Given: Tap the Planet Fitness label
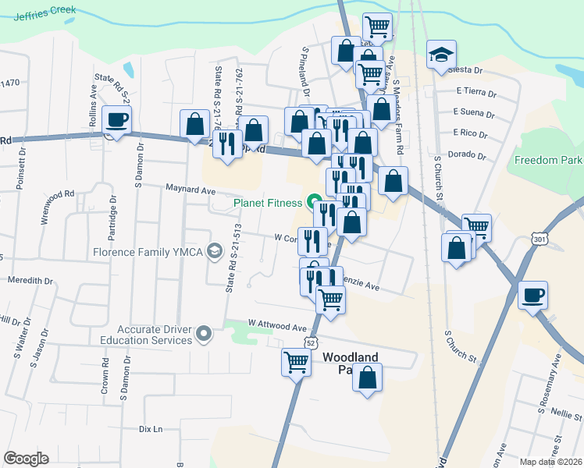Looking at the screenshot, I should coord(268,204).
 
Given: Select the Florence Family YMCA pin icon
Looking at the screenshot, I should coord(215,253).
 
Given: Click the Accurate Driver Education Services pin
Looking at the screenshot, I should coord(205,335).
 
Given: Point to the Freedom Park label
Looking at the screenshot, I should coord(548,161).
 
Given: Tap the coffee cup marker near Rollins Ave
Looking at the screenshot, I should coord(117,120).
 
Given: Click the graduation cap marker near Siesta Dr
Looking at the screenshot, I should coord(440,55).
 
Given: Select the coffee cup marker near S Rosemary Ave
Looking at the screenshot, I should coord(534,296).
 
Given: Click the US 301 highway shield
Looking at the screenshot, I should coord(539,238).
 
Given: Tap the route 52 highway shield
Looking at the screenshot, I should coord(312,342).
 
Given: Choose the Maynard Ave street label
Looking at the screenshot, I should coord(190,190).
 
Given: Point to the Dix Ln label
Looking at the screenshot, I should coord(150,429).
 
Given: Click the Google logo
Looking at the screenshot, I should coord(26,458).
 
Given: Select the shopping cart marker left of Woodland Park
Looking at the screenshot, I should coord(296,361).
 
